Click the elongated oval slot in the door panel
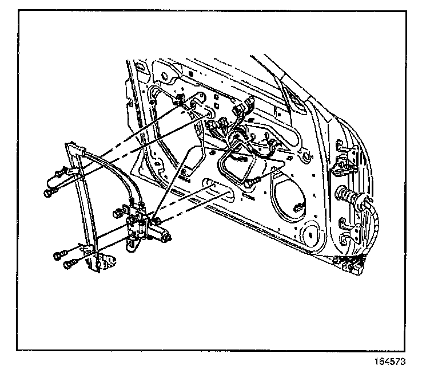pyautogui.click(x=220, y=190)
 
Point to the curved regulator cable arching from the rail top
pyautogui.click(x=114, y=169)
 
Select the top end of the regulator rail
pyautogui.click(x=71, y=146)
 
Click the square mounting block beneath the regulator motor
pyautogui.click(x=133, y=242)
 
